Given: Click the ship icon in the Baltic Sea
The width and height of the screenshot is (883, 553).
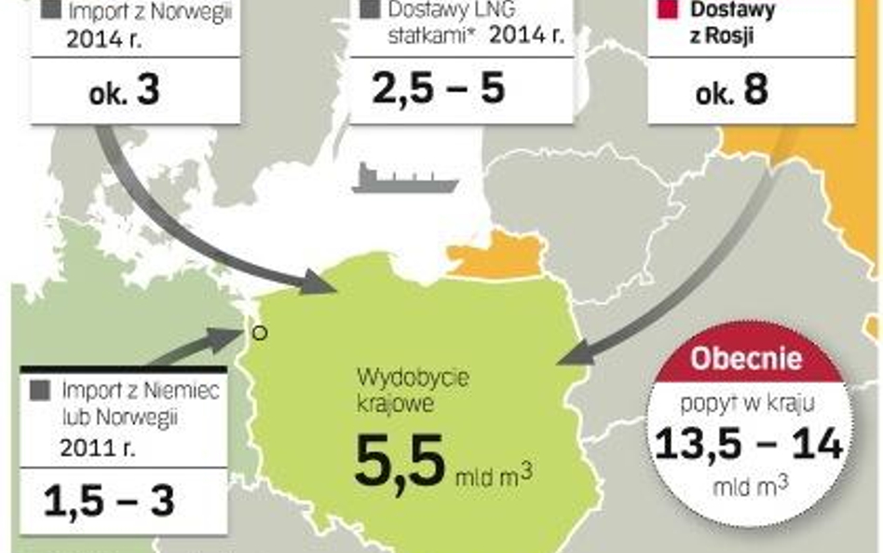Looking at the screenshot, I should (404, 177).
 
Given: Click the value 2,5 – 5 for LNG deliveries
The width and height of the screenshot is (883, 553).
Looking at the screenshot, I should (439, 89).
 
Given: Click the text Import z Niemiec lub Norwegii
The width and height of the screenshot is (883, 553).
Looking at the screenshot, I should (140, 402).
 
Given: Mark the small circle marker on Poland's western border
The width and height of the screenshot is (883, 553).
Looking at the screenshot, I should (260, 332).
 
